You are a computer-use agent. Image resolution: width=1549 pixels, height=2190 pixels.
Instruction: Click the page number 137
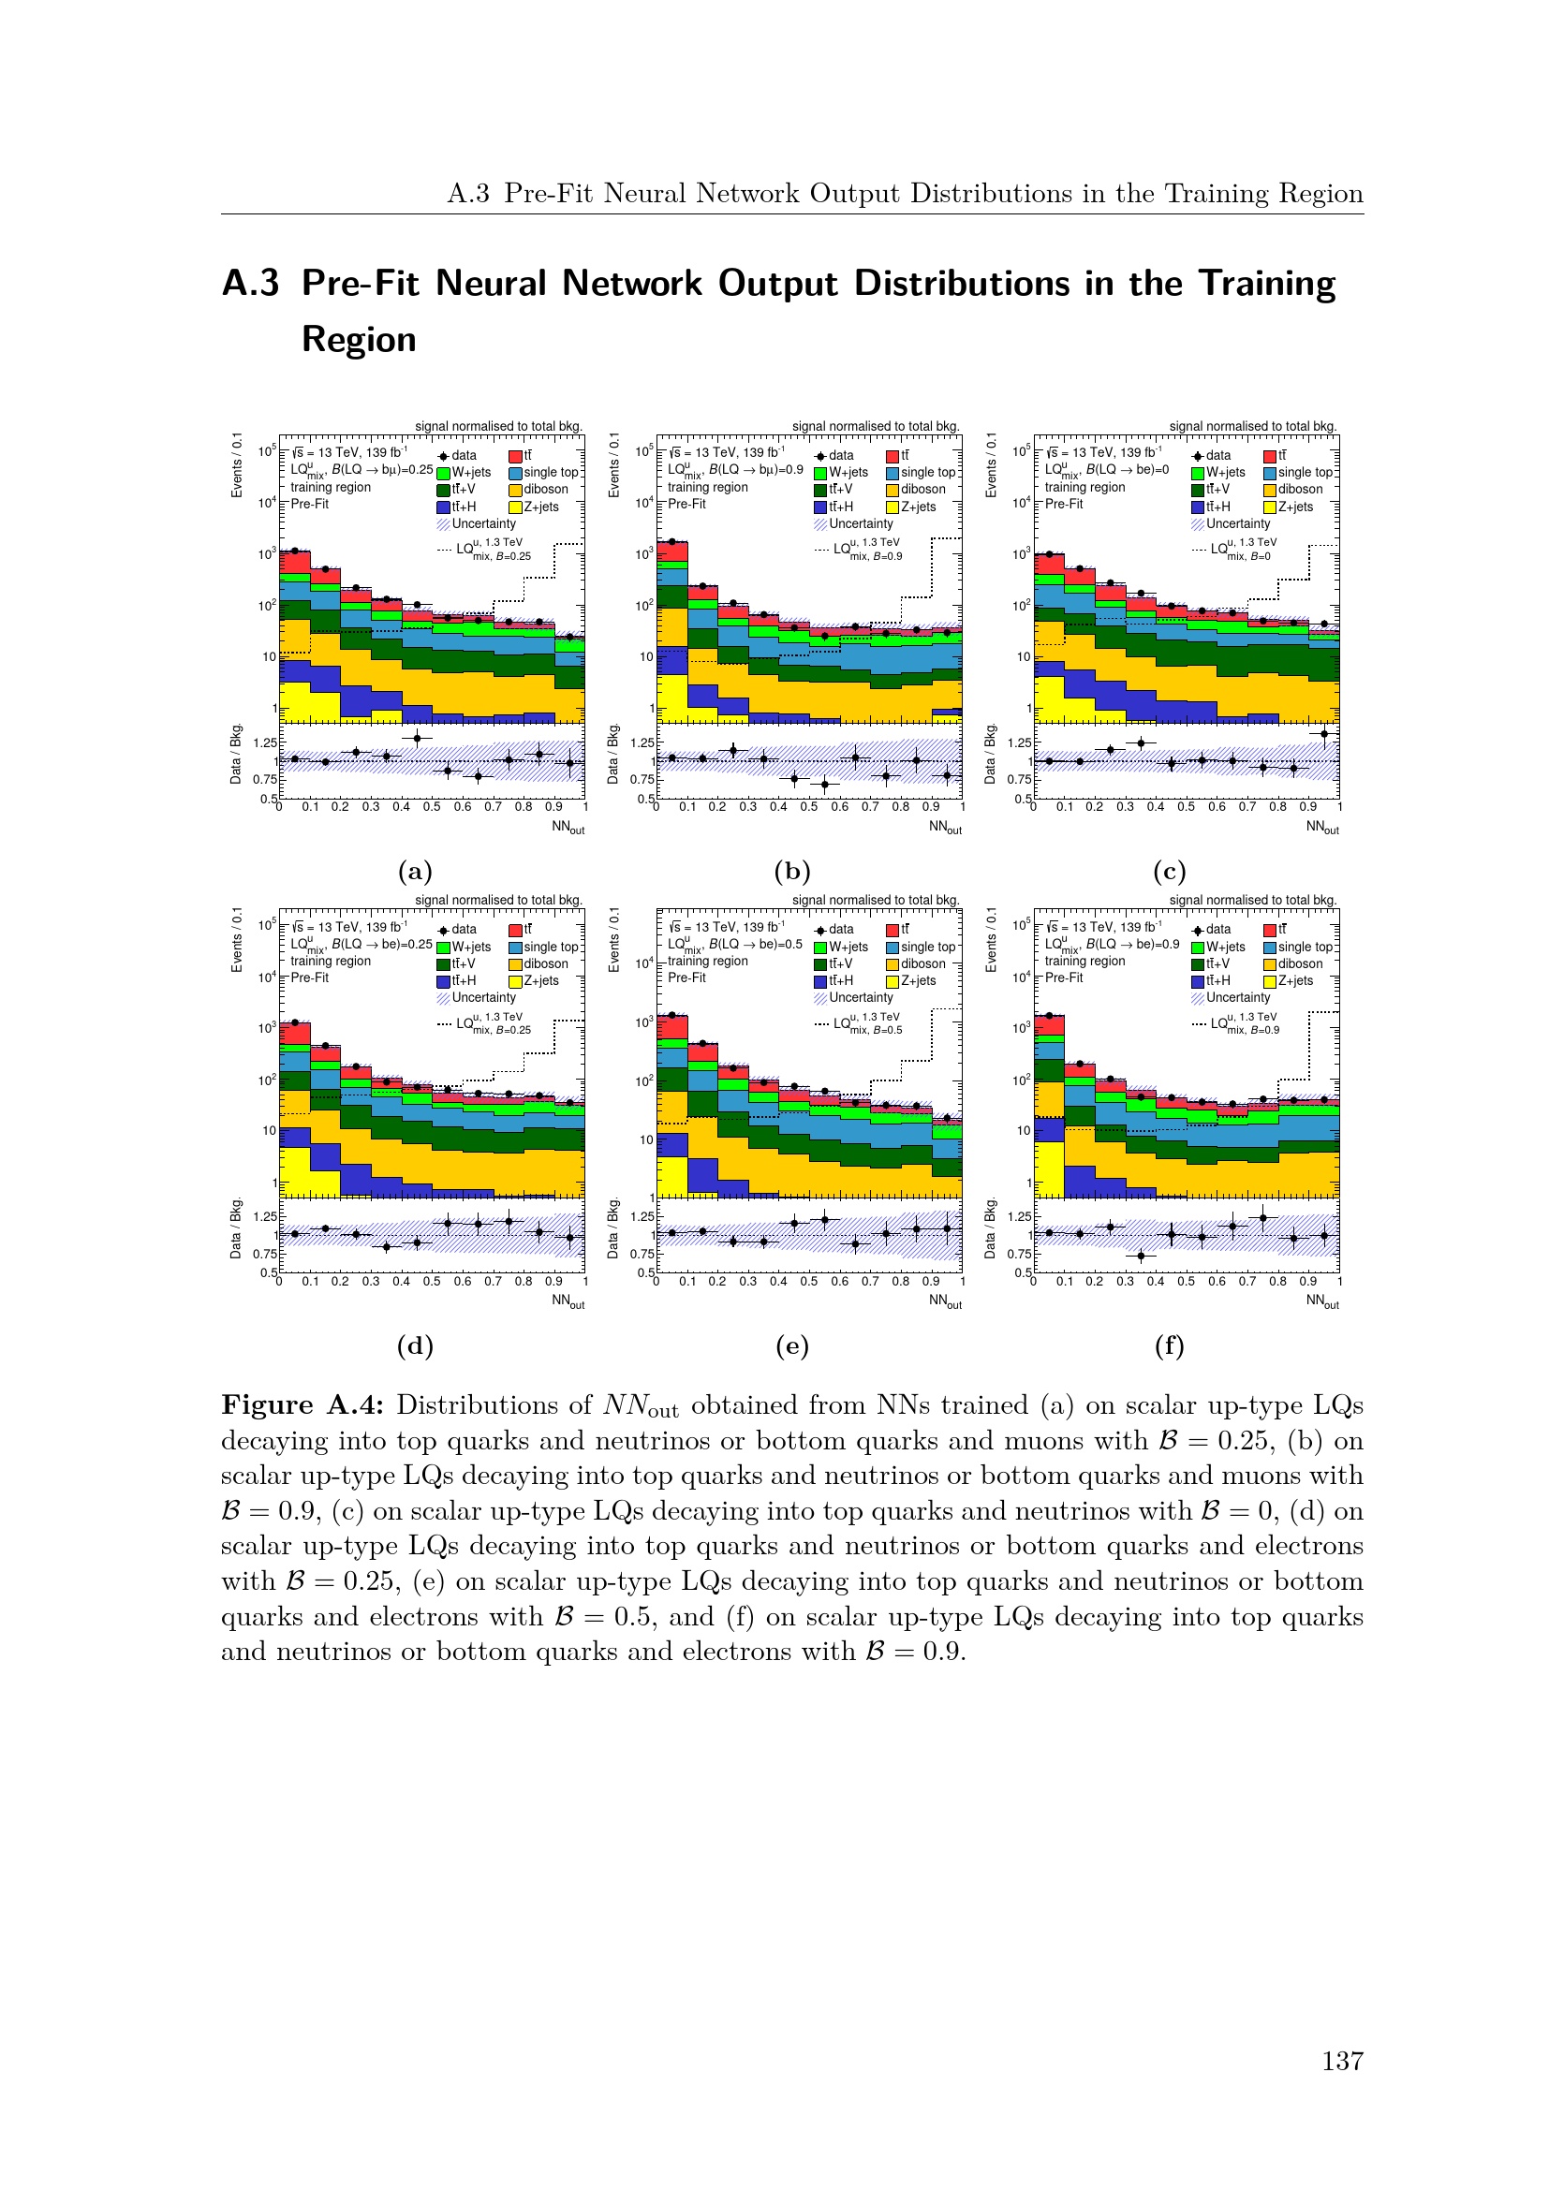click(1342, 2061)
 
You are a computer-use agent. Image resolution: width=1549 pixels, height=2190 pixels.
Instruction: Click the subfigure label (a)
click(415, 871)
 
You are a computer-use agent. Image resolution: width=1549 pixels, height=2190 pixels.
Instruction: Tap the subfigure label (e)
click(791, 1345)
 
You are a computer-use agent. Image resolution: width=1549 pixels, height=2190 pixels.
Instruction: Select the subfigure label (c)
click(1170, 871)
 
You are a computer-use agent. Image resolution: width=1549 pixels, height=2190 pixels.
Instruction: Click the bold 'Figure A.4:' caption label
click(302, 1405)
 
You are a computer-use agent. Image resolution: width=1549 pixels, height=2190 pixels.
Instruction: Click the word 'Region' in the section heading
click(359, 340)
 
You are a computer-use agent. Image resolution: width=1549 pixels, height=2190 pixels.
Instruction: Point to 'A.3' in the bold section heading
click(251, 284)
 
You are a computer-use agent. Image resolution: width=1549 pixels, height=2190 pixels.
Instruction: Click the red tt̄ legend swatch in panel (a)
click(515, 456)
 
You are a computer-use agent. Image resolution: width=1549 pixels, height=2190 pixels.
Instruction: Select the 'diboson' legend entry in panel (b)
click(922, 490)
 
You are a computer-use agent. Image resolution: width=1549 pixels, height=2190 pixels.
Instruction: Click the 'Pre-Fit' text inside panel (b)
click(686, 504)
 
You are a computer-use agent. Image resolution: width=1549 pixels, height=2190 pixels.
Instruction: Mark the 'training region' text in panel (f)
click(1084, 961)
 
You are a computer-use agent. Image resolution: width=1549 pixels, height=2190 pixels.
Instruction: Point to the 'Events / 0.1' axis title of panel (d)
click(237, 939)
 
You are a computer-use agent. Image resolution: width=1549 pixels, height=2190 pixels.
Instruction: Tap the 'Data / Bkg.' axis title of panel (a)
click(236, 754)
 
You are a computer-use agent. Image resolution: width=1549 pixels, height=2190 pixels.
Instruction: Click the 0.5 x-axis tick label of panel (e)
click(809, 1281)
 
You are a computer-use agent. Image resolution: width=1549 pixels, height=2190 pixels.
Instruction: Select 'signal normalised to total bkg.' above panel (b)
click(876, 426)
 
